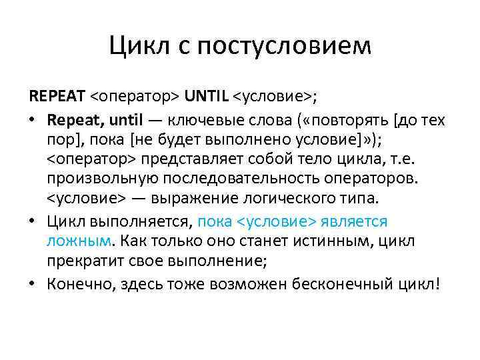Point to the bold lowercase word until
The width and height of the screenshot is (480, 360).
pos(127,121)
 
